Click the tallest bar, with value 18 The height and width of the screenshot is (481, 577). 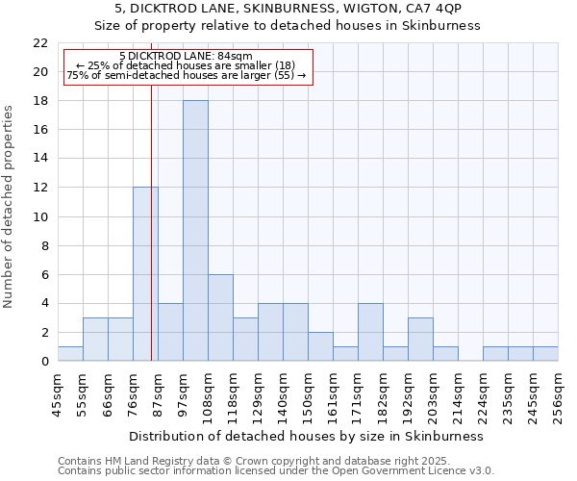(x=195, y=231)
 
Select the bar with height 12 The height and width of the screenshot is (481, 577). (x=145, y=274)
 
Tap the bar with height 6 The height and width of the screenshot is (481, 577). (x=220, y=317)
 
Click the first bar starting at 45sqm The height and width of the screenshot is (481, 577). (x=70, y=353)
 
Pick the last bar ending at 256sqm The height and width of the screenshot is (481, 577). (x=545, y=353)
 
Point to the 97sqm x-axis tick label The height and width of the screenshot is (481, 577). (x=183, y=393)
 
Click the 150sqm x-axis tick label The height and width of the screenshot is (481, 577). (x=308, y=393)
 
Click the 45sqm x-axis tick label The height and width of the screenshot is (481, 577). (x=58, y=393)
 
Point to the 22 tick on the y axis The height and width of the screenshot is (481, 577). (x=40, y=43)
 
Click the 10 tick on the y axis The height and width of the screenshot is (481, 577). (x=40, y=216)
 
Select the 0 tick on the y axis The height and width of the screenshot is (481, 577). (x=44, y=362)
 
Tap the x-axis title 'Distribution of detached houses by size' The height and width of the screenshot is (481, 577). (x=309, y=436)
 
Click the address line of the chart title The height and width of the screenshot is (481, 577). (x=288, y=9)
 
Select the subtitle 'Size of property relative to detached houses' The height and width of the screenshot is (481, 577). (x=288, y=26)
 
